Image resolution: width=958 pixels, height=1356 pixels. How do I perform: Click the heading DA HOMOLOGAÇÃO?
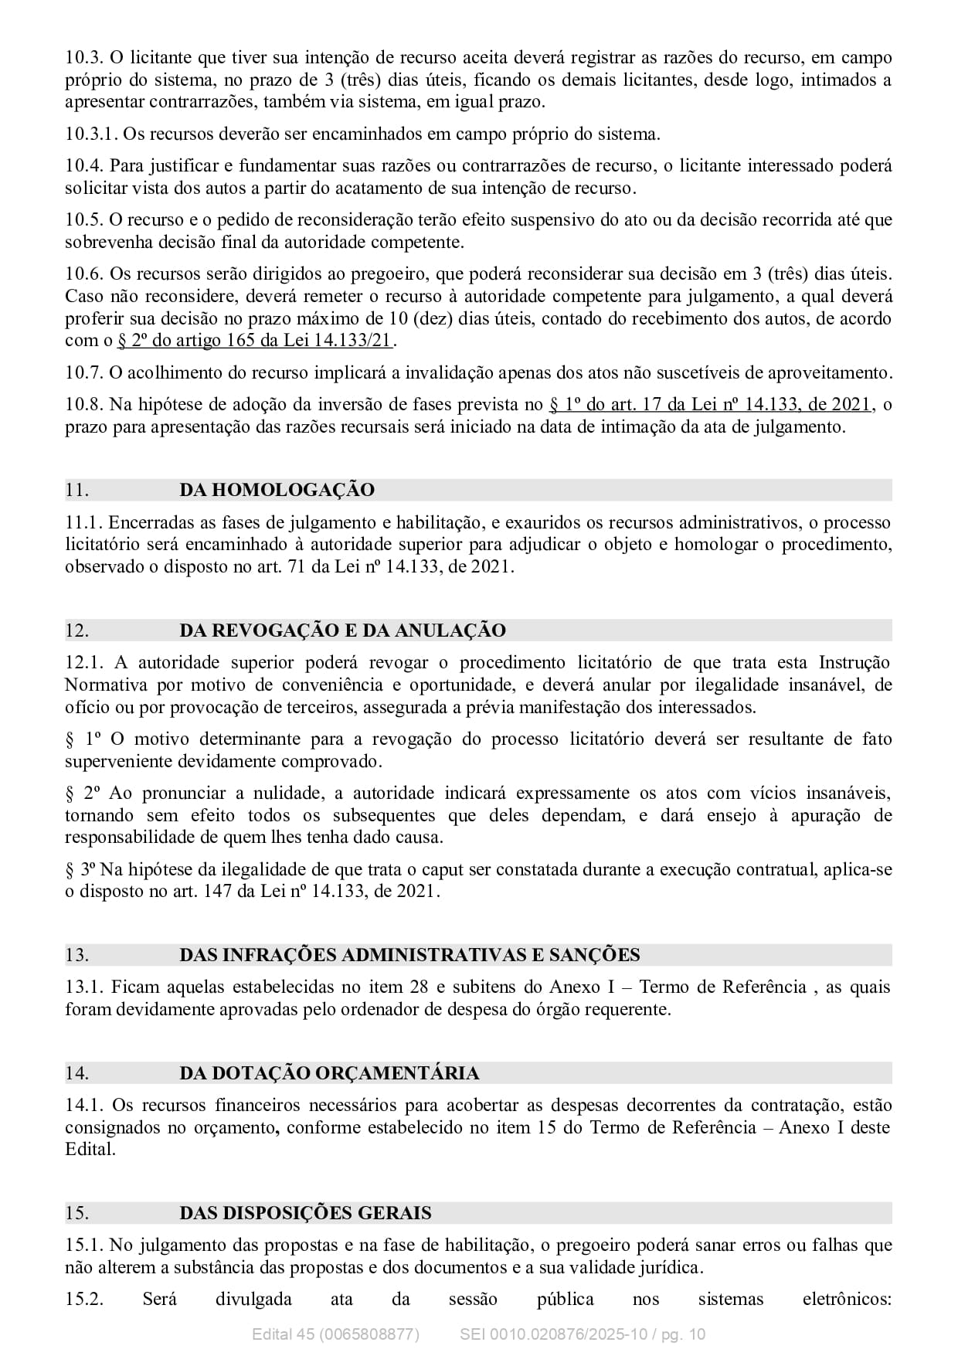(x=277, y=490)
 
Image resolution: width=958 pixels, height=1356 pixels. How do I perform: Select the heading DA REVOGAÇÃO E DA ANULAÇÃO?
(x=342, y=630)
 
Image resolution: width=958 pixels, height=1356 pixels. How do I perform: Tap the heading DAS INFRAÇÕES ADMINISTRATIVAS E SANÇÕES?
(x=409, y=955)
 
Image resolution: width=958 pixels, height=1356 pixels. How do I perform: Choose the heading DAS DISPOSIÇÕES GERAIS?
(x=305, y=1213)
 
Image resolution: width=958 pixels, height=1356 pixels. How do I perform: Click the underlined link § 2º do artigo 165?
(x=255, y=341)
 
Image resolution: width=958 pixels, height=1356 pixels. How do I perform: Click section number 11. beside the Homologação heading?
(x=76, y=490)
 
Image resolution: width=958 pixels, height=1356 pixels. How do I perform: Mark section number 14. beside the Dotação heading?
(x=76, y=1073)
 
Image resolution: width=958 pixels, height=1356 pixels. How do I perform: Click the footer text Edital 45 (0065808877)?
(x=335, y=1334)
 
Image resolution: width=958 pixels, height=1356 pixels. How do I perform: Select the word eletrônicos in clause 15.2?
(x=847, y=1299)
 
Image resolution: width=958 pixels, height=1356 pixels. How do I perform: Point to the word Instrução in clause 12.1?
(x=854, y=663)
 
